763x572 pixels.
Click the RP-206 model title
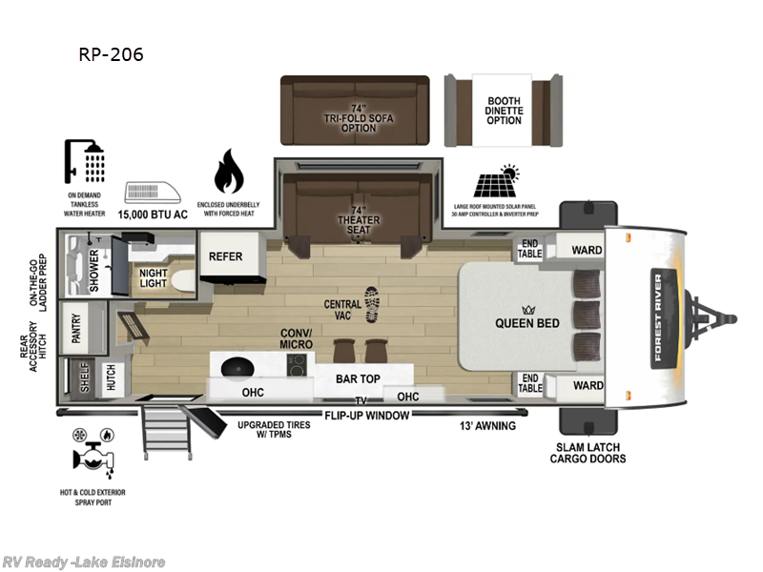point(111,54)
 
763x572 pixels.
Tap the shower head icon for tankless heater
point(85,160)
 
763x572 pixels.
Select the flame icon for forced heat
point(228,171)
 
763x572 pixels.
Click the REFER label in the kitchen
point(225,256)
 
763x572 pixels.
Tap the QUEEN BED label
point(526,323)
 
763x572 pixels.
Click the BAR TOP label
point(359,378)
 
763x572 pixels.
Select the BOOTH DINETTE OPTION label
point(504,111)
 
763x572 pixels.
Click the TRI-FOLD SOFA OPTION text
point(358,119)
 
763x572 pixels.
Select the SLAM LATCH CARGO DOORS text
point(588,453)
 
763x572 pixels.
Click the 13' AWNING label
point(487,425)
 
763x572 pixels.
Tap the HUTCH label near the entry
point(111,379)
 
